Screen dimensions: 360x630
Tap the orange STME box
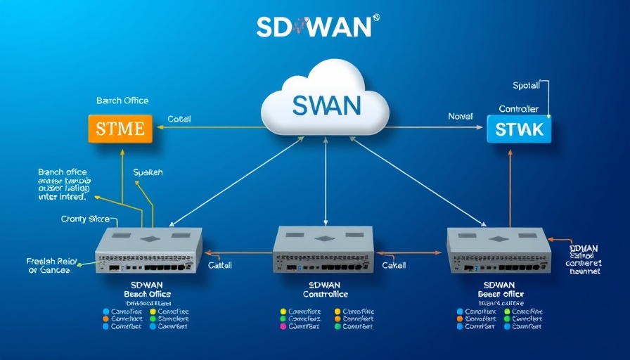point(120,129)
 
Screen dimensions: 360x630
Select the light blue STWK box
point(520,129)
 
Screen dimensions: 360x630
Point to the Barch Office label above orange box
point(122,101)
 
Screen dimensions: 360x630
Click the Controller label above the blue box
point(518,109)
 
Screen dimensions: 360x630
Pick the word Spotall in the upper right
point(526,86)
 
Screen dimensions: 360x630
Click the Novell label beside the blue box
point(461,116)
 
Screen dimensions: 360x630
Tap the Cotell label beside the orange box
point(179,120)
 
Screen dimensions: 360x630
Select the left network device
point(148,251)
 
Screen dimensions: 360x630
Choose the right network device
point(499,251)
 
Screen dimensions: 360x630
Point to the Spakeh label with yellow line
point(148,172)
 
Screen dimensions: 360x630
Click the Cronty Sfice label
point(85,219)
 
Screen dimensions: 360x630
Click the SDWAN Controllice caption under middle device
point(323,290)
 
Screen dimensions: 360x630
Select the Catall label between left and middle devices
point(220,266)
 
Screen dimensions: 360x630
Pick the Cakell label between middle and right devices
point(394,266)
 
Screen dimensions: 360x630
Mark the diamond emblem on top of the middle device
point(325,238)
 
